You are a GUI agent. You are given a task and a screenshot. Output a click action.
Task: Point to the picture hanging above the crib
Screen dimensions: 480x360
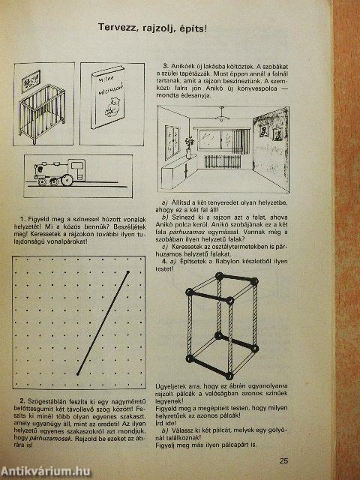(34, 76)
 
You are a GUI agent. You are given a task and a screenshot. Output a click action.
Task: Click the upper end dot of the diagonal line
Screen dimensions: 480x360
(129, 271)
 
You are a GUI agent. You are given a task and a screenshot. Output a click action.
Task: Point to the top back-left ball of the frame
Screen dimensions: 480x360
(220, 277)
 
